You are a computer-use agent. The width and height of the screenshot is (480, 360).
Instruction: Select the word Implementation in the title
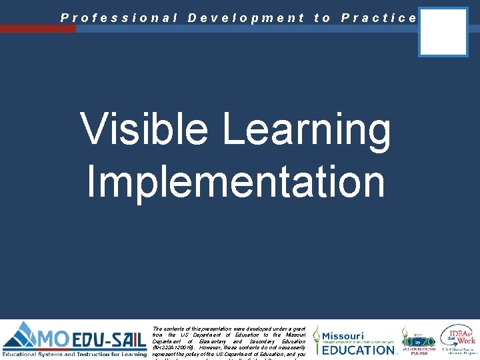(x=236, y=182)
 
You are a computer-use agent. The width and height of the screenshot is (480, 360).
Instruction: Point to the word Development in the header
(x=246, y=18)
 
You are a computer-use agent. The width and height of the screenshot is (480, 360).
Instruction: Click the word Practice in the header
(x=379, y=18)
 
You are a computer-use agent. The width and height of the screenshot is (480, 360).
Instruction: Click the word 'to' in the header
(x=322, y=18)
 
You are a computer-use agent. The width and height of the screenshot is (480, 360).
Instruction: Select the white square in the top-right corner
(x=443, y=31)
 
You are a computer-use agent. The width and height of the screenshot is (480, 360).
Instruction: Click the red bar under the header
(x=38, y=29)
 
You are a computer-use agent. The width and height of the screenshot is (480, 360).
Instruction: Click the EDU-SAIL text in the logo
(x=109, y=339)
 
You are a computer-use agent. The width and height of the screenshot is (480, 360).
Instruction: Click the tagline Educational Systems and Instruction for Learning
(x=74, y=354)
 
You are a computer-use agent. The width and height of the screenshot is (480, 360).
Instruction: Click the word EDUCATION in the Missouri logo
(x=359, y=349)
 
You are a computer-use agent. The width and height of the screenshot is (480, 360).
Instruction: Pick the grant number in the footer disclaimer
(x=171, y=347)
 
